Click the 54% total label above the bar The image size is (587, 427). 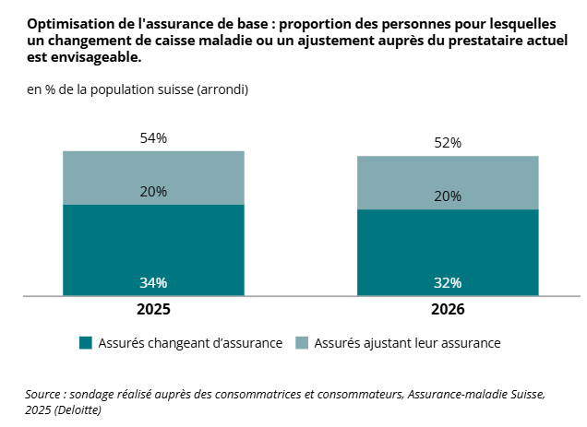point(153,138)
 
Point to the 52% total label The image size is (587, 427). point(448,143)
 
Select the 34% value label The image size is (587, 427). point(153,282)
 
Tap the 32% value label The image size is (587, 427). point(448,282)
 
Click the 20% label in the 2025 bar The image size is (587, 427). point(153,192)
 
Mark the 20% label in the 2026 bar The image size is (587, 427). point(448,196)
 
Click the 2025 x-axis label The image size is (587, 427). point(153,310)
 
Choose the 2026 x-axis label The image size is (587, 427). point(448,310)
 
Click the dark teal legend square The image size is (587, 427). point(86,343)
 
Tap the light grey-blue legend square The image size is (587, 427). point(302,343)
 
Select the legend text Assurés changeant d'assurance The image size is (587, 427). point(190,343)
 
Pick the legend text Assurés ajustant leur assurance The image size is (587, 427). point(407,343)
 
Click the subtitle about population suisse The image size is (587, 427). point(137,89)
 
